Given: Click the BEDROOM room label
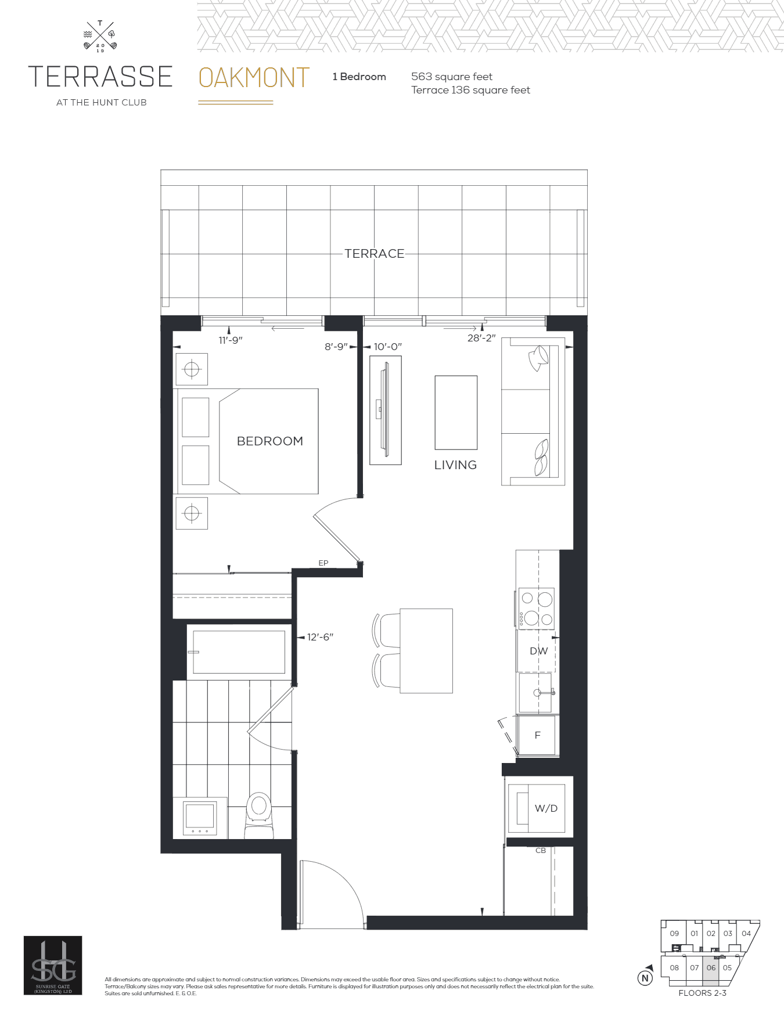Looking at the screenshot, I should [x=269, y=441].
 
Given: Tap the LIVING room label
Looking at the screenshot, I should [x=455, y=465].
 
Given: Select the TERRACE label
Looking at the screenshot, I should [x=374, y=254].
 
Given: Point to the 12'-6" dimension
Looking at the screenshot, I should [x=320, y=637].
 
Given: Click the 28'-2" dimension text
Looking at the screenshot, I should [x=481, y=338].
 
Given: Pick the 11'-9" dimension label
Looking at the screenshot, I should [x=231, y=340].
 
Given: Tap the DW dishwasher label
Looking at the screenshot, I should [x=538, y=651].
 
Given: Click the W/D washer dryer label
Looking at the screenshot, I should [x=546, y=808].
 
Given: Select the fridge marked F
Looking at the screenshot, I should [x=538, y=735].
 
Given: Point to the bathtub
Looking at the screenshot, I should [x=239, y=652].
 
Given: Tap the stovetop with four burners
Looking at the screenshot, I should [x=536, y=609].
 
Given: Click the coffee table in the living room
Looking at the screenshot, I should [x=456, y=412].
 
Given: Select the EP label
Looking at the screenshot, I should [x=323, y=563].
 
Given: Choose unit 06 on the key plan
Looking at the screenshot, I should [x=711, y=968].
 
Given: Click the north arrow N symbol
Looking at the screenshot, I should [x=645, y=978].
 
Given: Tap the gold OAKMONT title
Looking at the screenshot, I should [x=254, y=78].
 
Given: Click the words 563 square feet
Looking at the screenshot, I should [x=451, y=77].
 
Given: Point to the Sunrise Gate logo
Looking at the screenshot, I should [x=53, y=965].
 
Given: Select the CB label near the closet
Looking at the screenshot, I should [x=541, y=851].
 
